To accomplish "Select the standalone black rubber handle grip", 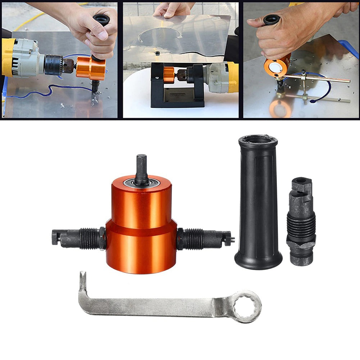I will click(258, 201).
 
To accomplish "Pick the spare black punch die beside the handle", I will click(301, 221).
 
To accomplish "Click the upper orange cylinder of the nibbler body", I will click(141, 203).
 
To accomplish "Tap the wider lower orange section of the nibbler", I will click(141, 248).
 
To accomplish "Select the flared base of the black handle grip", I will click(258, 261).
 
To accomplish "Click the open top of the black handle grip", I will click(258, 140).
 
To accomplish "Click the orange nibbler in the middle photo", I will click(169, 73).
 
